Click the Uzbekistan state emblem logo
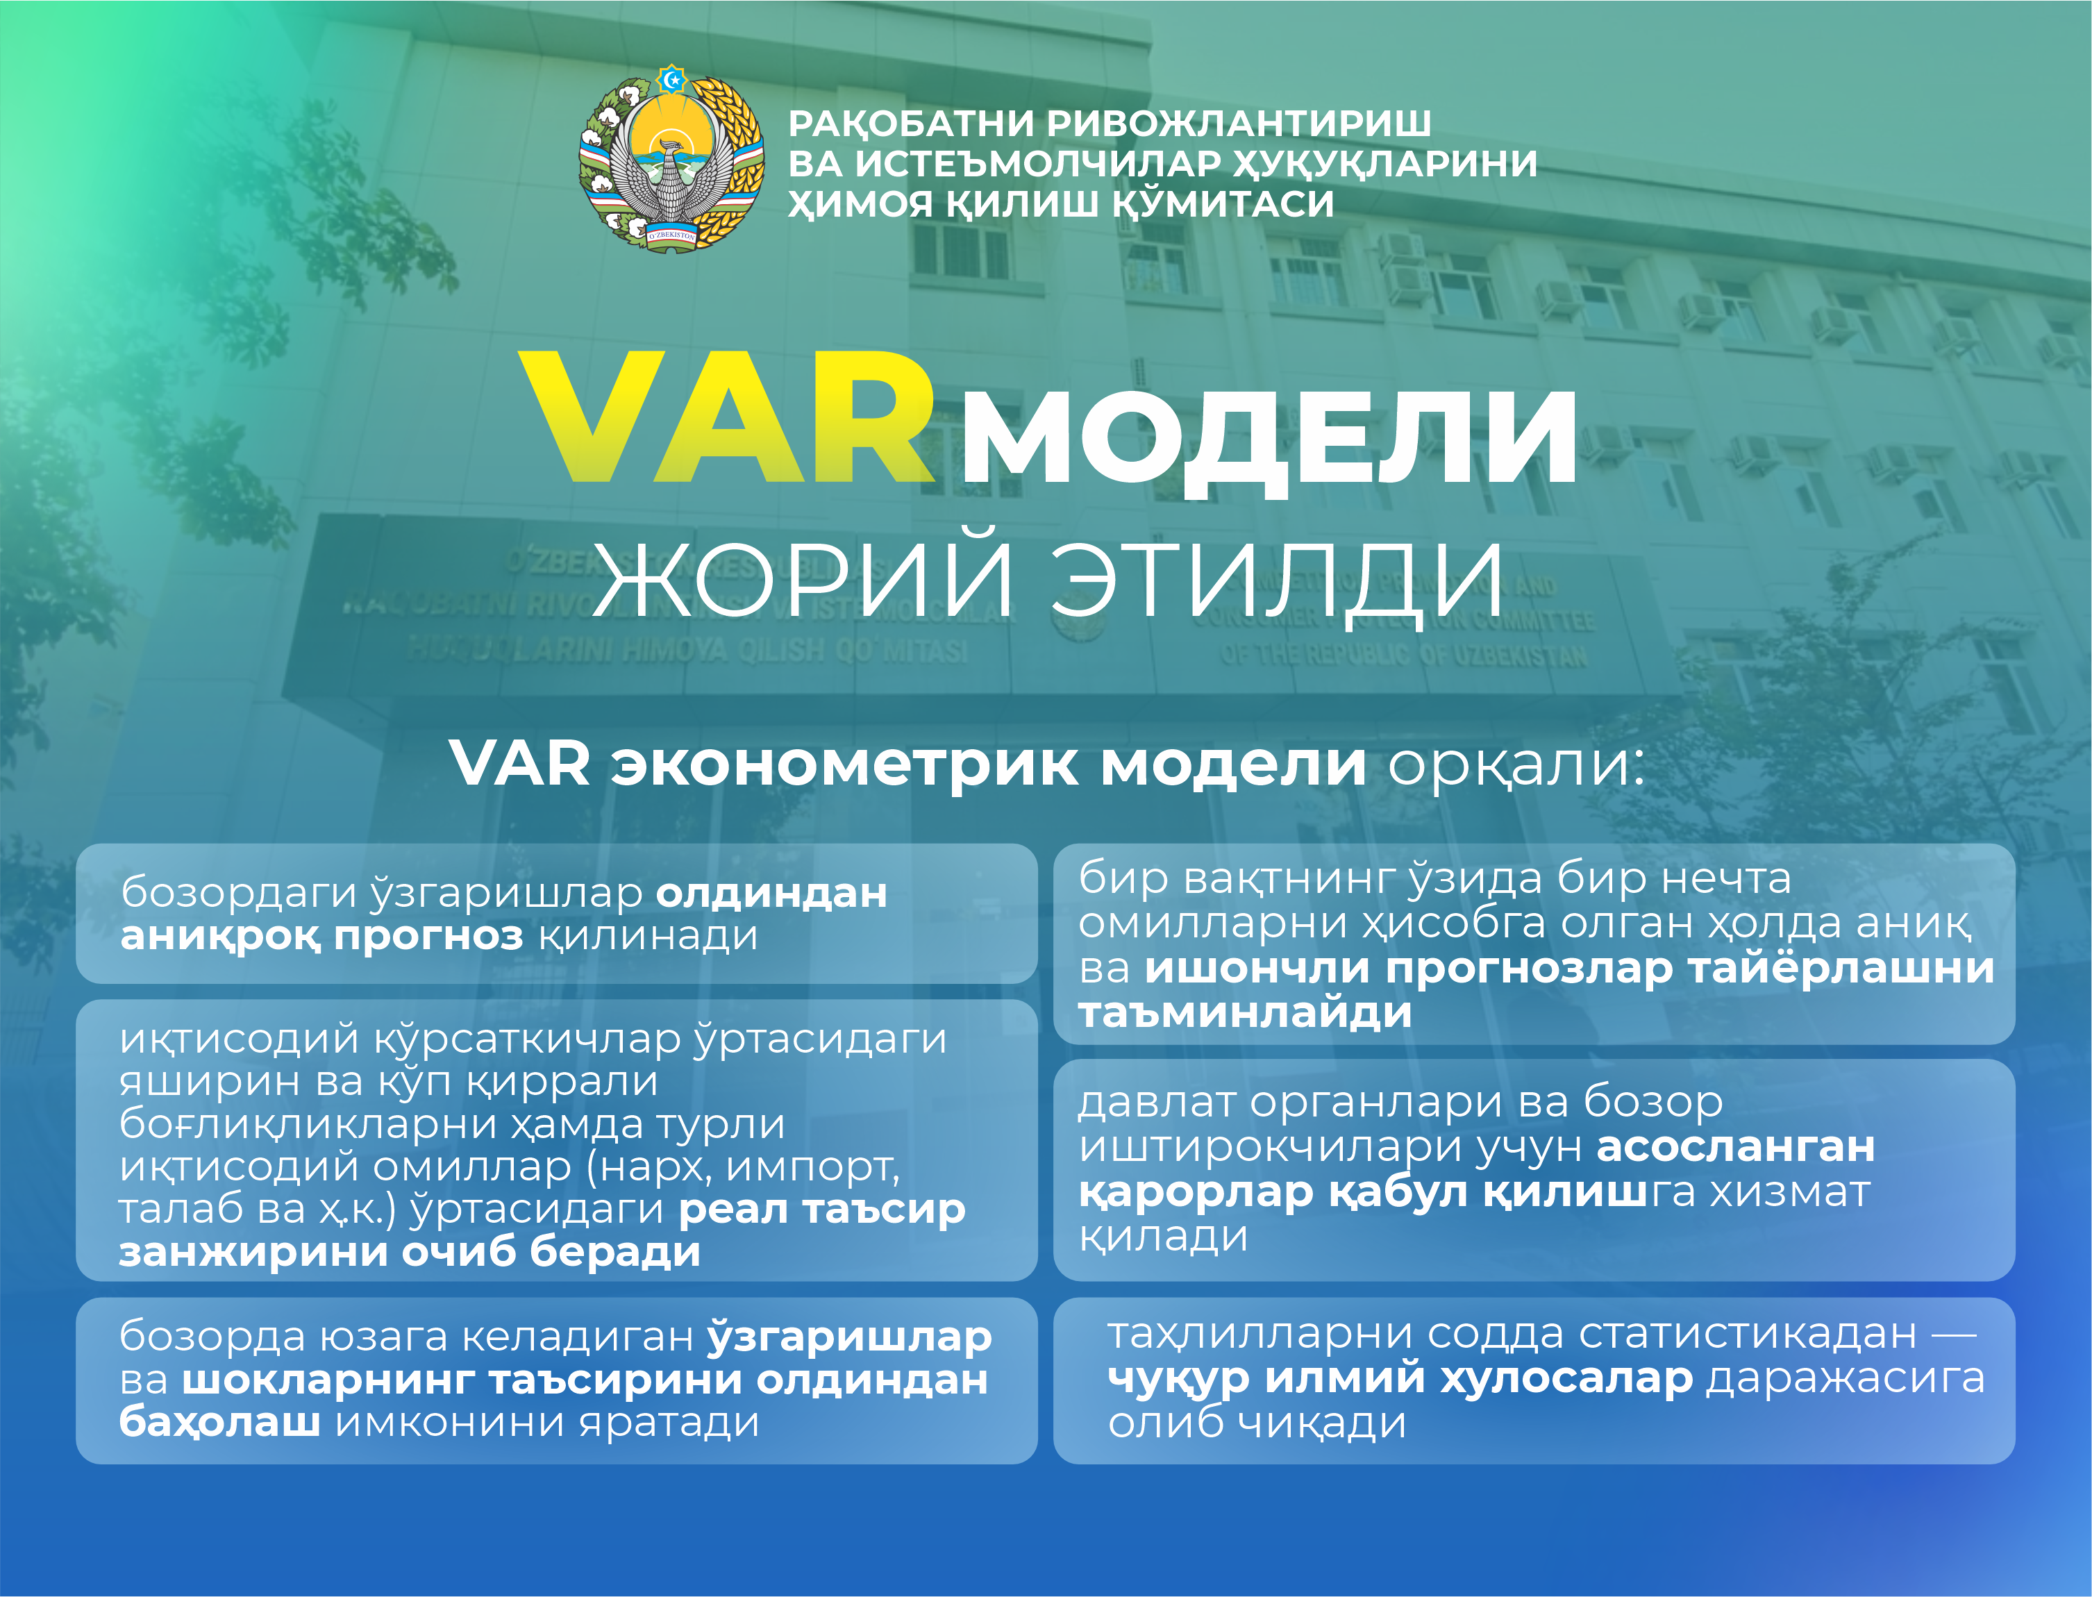pos(672,159)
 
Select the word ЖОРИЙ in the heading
pos(804,577)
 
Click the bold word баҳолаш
pos(219,1423)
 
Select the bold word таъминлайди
pos(1245,1013)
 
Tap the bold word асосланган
pos(1736,1147)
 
